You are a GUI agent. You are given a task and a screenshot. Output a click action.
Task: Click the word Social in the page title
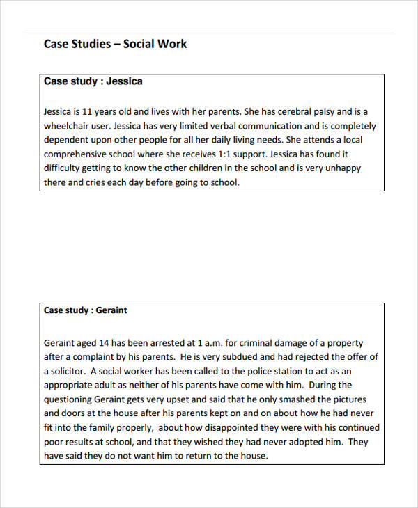coord(139,44)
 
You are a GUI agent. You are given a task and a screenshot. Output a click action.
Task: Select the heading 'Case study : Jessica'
coord(93,81)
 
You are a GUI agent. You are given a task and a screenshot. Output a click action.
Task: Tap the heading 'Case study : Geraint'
coord(85,310)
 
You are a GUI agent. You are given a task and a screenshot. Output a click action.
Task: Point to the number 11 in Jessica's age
coord(88,111)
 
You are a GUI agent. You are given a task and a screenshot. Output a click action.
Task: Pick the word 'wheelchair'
coord(68,127)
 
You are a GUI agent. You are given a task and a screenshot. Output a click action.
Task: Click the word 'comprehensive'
coord(77,154)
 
